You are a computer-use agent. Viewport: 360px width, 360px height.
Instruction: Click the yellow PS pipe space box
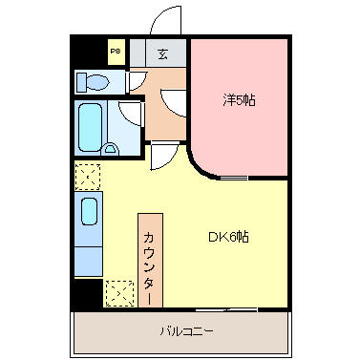tap(116, 52)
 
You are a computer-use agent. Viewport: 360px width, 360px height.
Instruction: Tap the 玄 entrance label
tap(162, 54)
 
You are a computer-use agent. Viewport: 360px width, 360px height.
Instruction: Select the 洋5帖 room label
tap(239, 100)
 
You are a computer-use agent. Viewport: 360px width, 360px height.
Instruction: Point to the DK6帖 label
tap(228, 237)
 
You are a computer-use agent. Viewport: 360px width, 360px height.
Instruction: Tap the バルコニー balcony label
tap(186, 331)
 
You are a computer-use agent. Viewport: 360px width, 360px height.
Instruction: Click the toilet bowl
tap(97, 82)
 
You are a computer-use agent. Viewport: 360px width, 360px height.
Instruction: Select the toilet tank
tap(82, 82)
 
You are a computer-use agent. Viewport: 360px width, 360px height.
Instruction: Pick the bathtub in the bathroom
tap(91, 127)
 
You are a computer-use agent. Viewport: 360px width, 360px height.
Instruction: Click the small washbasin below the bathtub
tap(110, 149)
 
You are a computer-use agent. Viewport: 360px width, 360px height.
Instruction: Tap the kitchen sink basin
tap(89, 211)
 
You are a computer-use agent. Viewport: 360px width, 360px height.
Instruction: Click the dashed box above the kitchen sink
tap(88, 177)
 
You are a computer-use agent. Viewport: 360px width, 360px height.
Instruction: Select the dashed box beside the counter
tap(119, 293)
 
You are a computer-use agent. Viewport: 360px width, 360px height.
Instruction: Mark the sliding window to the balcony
tap(226, 308)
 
